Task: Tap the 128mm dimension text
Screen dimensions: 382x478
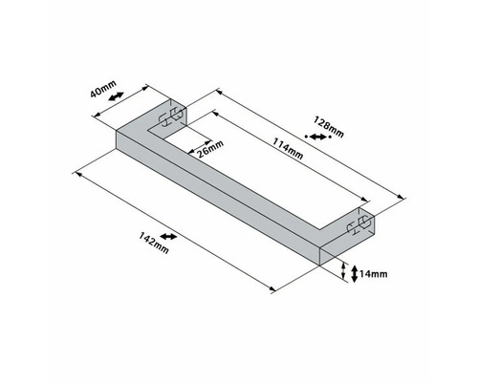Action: click(x=327, y=124)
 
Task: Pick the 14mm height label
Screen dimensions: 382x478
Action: click(x=376, y=275)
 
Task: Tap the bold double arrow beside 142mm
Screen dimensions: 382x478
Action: click(x=169, y=234)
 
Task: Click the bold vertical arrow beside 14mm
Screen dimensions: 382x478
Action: click(x=355, y=274)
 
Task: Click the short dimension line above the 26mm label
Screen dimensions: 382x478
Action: click(x=200, y=140)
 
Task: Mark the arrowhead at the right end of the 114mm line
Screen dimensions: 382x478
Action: click(x=359, y=202)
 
